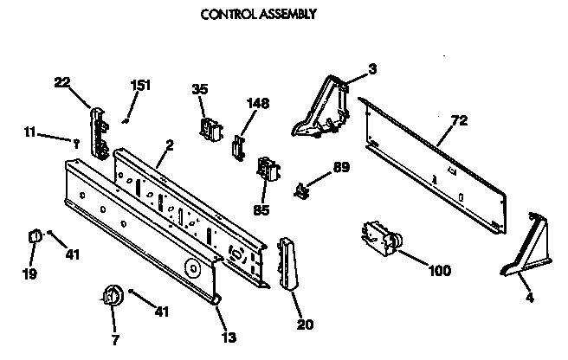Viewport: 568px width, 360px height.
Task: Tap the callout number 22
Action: pos(61,81)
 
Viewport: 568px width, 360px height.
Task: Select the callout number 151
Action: pos(140,85)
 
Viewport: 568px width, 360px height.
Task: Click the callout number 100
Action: pos(439,270)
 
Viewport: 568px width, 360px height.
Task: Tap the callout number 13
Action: pos(227,337)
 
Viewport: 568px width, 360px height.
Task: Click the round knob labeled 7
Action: pos(110,297)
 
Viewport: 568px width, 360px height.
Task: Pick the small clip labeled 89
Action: pos(302,190)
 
